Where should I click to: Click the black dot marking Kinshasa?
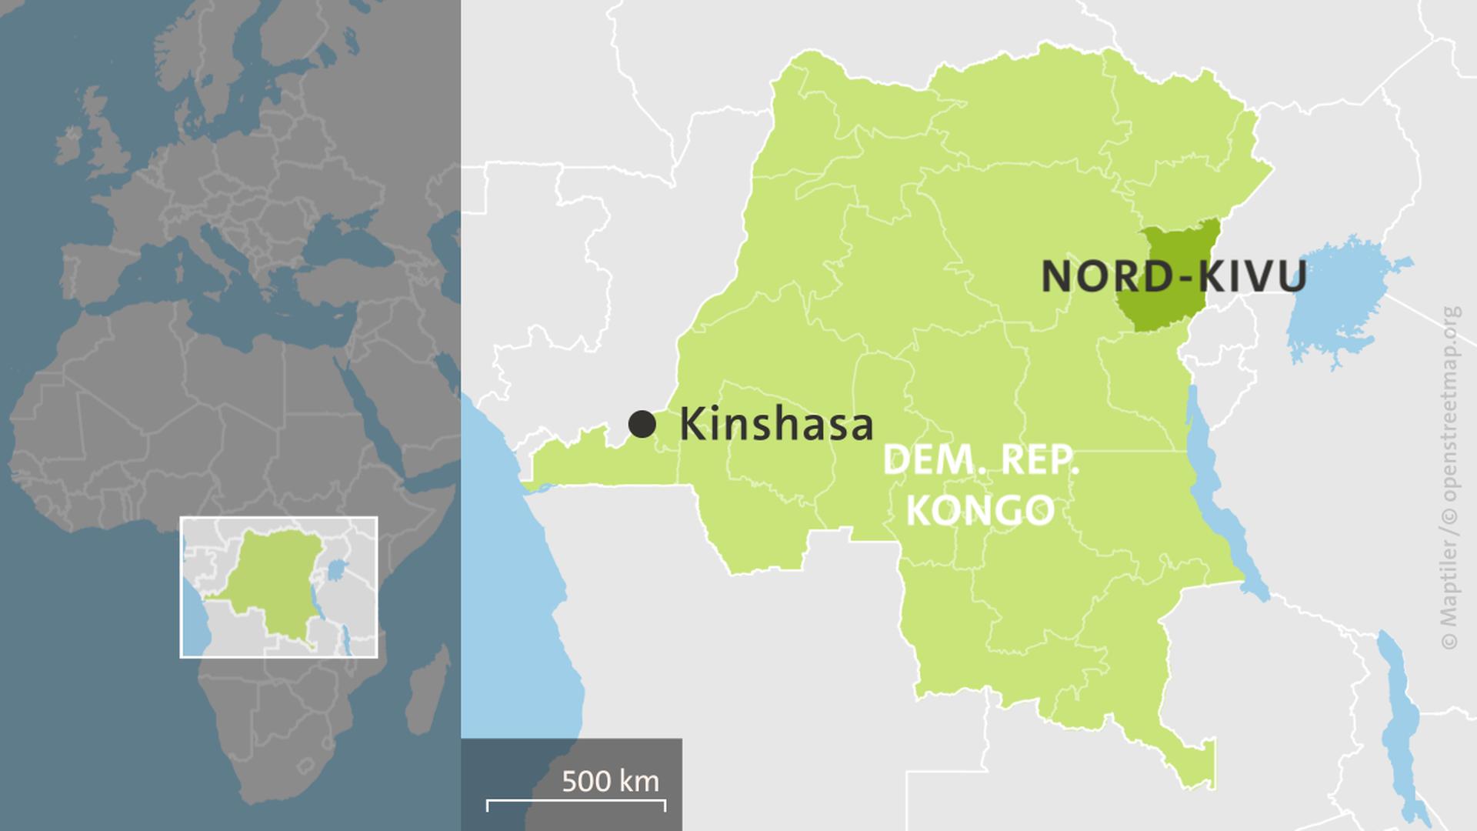pos(642,423)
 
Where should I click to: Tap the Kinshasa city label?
pos(775,424)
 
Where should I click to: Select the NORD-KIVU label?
pos(1174,276)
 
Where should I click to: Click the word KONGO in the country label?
pos(980,509)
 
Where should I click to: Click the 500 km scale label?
pos(610,781)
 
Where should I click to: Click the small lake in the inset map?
pos(335,570)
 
